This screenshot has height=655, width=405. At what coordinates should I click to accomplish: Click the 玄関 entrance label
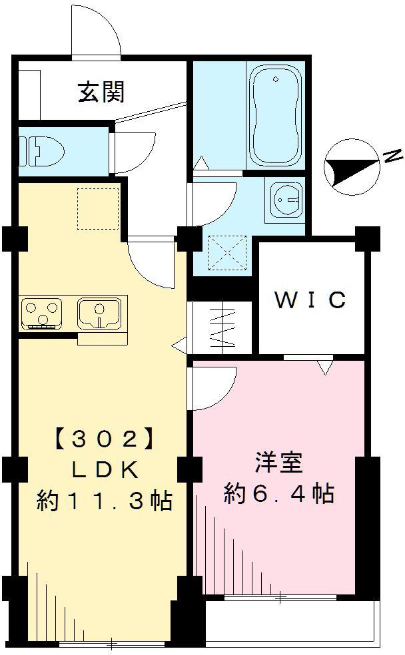pos(101,93)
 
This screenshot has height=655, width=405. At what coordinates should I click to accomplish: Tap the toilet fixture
pos(41,150)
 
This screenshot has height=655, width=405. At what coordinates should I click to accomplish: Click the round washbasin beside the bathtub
pos(287,198)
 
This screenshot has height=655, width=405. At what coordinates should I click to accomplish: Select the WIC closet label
pos(311,300)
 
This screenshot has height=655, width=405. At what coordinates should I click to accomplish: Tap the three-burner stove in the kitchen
pos(41,312)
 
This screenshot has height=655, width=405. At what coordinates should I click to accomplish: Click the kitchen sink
pos(99,312)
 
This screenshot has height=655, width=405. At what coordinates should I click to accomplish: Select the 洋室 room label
pos(278,463)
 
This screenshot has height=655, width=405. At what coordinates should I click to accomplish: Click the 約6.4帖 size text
pos(278,494)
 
